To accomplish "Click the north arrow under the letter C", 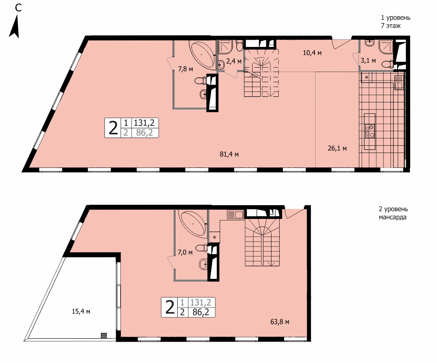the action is pos(15,26).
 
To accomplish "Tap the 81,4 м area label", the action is pos(229,154).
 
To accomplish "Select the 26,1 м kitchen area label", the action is pos(337,149).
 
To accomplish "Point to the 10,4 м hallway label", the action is pos(312,53).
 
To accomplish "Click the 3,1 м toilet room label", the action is pos(368,60).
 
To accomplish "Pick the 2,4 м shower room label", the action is pos(234,61).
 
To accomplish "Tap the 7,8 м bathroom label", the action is pos(186,68).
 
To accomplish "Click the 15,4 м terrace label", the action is pos(81,312).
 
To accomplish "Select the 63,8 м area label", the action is pos(280,322).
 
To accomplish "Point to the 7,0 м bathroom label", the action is pos(185,253).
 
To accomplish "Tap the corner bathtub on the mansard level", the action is pos(194,223).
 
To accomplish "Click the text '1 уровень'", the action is pos(395,17).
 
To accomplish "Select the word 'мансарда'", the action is pos(392,217).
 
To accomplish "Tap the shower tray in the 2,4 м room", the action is pos(225,47).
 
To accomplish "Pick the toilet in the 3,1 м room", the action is pos(388,64).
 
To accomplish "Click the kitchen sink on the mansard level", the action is pos(235,214).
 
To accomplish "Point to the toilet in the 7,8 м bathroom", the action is pos(202,81).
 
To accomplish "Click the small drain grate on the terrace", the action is pos(104,335).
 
